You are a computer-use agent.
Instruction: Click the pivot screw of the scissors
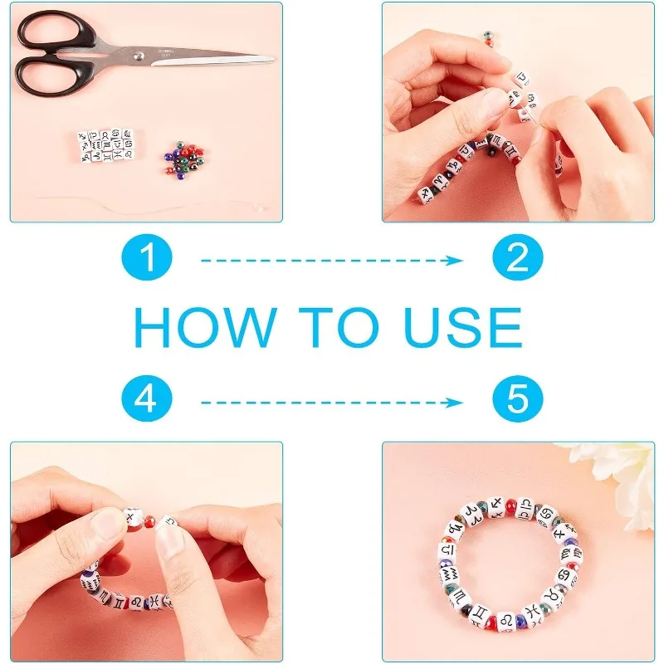pyautogui.click(x=139, y=55)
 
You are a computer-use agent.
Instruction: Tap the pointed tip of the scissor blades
pyautogui.click(x=273, y=59)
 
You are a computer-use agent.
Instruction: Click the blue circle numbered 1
pyautogui.click(x=147, y=257)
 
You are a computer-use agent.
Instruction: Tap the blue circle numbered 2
pyautogui.click(x=517, y=257)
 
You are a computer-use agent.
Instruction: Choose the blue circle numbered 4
pyautogui.click(x=147, y=398)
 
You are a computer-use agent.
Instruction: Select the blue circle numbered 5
pyautogui.click(x=517, y=398)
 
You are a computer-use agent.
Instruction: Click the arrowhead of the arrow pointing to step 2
pyautogui.click(x=457, y=261)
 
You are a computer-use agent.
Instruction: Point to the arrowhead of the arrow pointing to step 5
pyautogui.click(x=457, y=403)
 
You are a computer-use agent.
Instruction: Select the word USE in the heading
pyautogui.click(x=463, y=327)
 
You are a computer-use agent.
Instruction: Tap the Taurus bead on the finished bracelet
pyautogui.click(x=551, y=597)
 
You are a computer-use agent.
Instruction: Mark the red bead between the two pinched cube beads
pyautogui.click(x=149, y=520)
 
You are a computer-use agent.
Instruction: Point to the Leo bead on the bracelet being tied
pyautogui.click(x=138, y=602)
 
